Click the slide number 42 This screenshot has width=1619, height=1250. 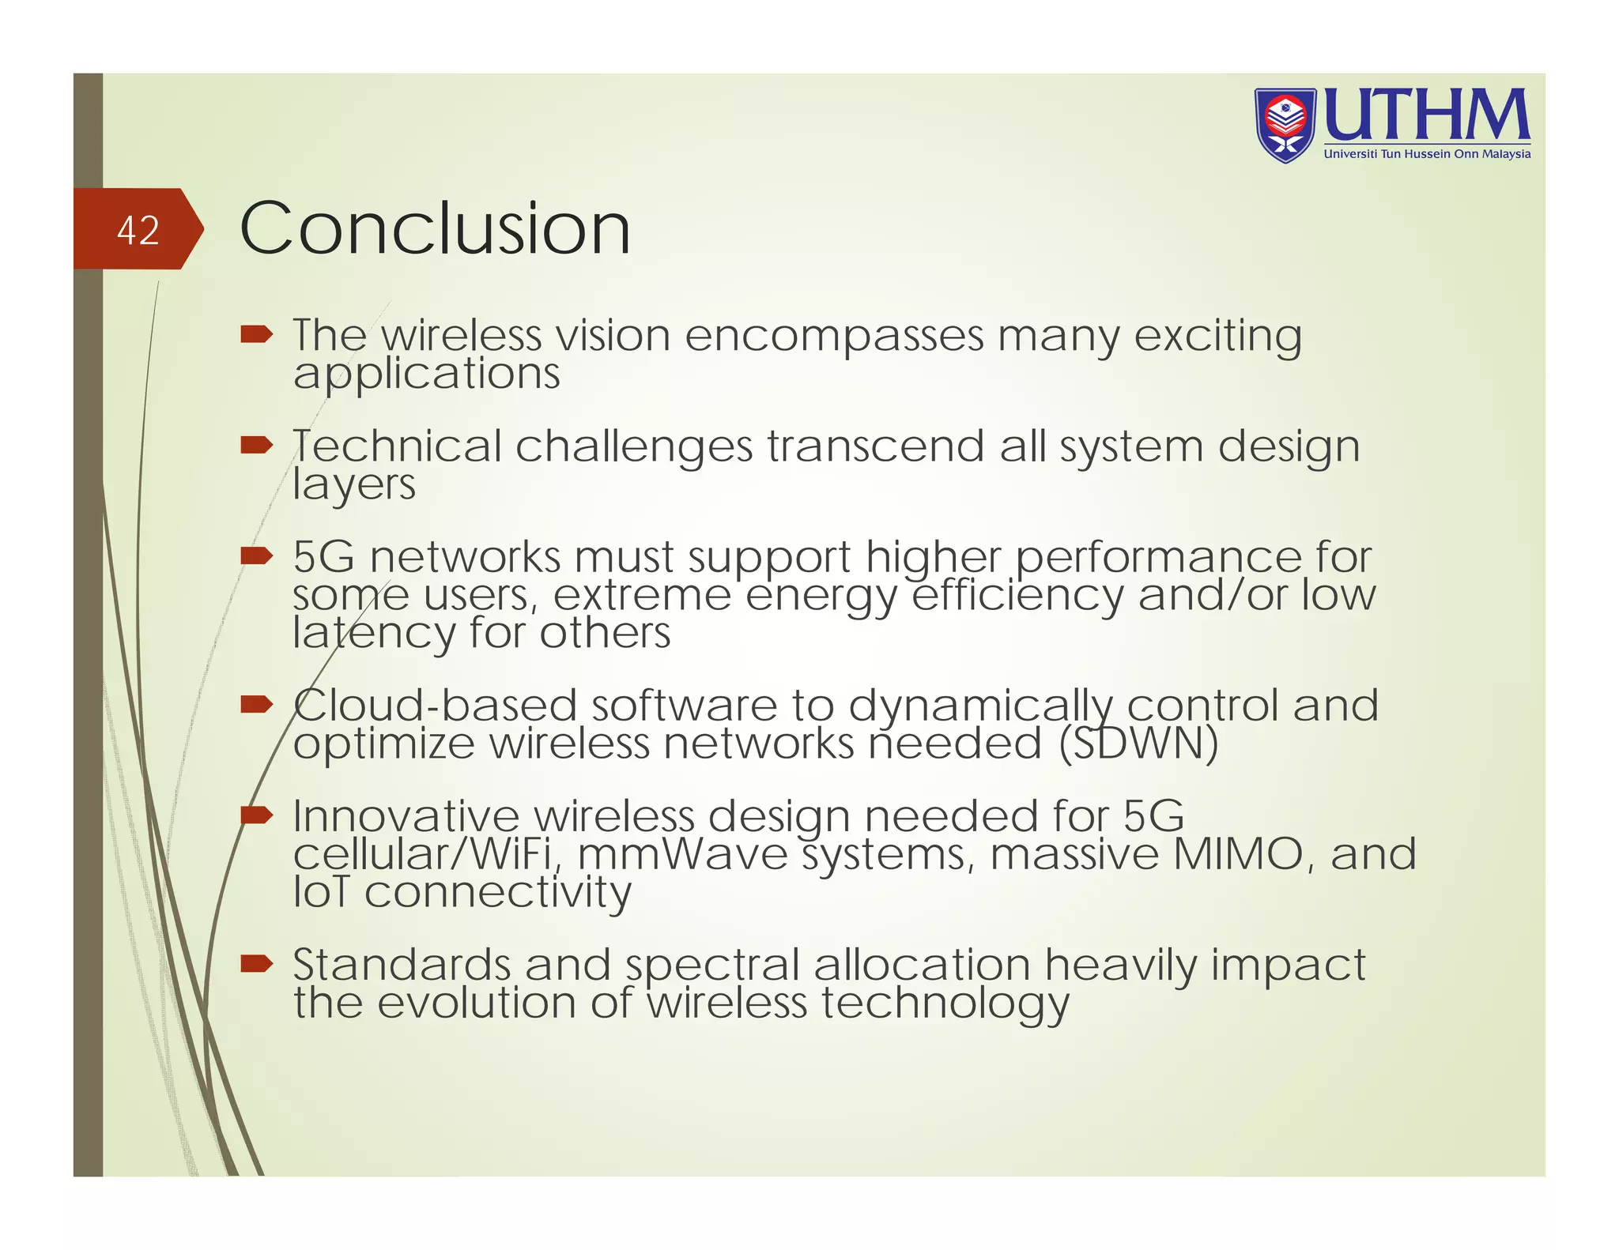coord(138,230)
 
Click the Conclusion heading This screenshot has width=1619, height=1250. coord(435,228)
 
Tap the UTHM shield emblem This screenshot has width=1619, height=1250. coord(1285,125)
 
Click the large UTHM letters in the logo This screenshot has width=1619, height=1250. coord(1426,115)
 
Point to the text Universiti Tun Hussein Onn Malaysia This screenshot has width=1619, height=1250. coord(1427,154)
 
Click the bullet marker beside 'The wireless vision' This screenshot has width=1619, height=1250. coord(256,334)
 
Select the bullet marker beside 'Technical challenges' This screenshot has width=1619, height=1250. coord(256,446)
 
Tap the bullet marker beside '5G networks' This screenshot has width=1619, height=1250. coord(256,556)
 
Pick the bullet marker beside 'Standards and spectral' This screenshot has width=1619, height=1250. coord(256,963)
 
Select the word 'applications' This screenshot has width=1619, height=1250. coord(426,374)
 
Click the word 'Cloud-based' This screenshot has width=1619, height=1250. coord(435,706)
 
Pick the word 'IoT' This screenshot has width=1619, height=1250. coord(321,892)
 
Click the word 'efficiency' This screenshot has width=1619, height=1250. coord(1017,597)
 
